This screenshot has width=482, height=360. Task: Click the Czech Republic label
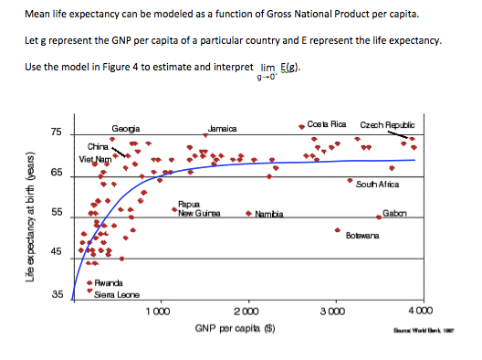(x=388, y=124)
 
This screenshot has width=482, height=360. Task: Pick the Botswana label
(x=362, y=235)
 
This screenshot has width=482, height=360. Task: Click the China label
(x=98, y=146)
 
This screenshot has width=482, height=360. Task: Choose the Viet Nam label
(x=95, y=159)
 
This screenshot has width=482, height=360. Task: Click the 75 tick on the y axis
(x=56, y=134)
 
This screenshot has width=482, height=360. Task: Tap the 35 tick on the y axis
(x=56, y=295)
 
